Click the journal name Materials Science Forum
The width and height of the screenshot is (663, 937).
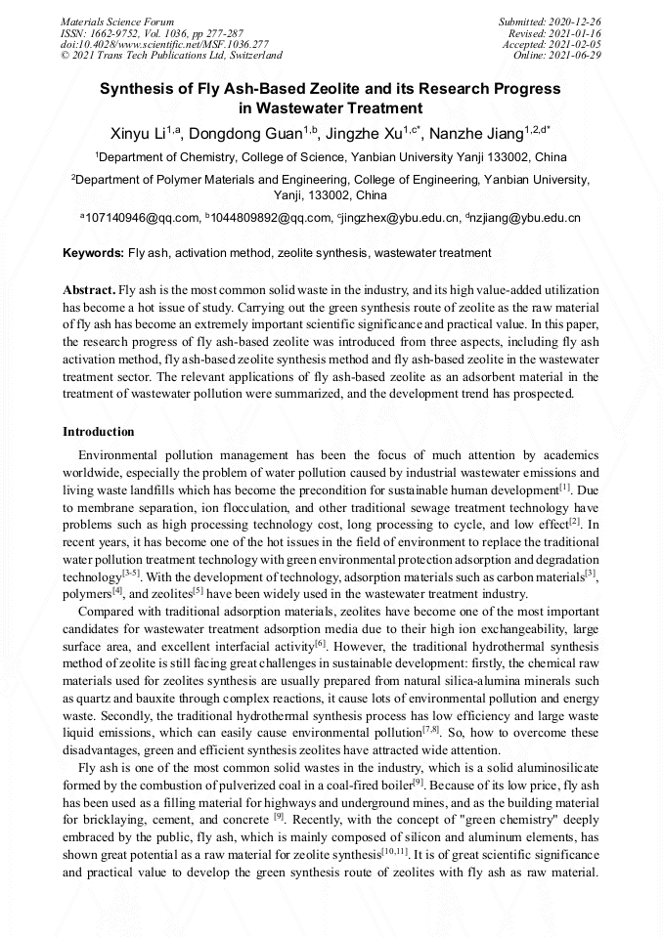click(117, 21)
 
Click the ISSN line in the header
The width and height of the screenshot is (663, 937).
click(152, 32)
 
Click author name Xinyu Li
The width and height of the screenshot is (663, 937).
click(136, 133)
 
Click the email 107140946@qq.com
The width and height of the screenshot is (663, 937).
click(142, 218)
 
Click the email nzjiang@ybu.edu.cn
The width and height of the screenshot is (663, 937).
click(526, 218)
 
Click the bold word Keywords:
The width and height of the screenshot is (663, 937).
click(93, 253)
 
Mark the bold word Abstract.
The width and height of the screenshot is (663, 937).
click(88, 291)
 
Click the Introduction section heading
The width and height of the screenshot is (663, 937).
click(99, 431)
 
